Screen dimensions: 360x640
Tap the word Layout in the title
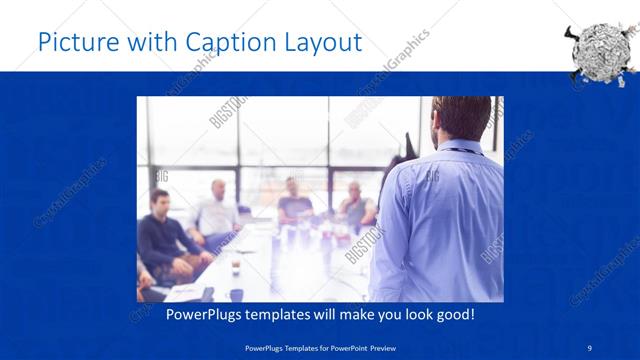pos(322,42)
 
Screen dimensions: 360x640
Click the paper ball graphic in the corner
pos(600,50)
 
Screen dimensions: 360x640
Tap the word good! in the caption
pos(454,315)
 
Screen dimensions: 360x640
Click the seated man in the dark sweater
pos(161,235)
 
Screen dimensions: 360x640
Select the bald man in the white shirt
pos(216,213)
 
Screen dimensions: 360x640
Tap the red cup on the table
pos(235,267)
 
